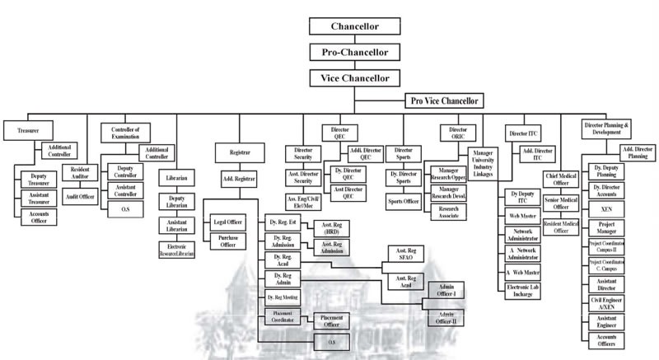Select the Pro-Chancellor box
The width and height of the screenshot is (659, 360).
pyautogui.click(x=353, y=51)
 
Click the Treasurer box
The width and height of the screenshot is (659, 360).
pyautogui.click(x=21, y=130)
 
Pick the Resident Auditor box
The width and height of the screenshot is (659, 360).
pyautogui.click(x=81, y=171)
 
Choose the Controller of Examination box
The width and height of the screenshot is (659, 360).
pyautogui.click(x=126, y=133)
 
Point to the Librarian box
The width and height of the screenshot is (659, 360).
pyautogui.click(x=177, y=178)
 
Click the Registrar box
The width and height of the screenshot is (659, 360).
pyautogui.click(x=240, y=152)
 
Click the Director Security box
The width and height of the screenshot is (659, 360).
pyautogui.click(x=303, y=153)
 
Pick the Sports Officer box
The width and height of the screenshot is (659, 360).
pyautogui.click(x=404, y=200)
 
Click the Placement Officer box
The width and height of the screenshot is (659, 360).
pyautogui.click(x=330, y=320)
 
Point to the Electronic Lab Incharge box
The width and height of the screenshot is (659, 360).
pyautogui.click(x=525, y=290)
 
